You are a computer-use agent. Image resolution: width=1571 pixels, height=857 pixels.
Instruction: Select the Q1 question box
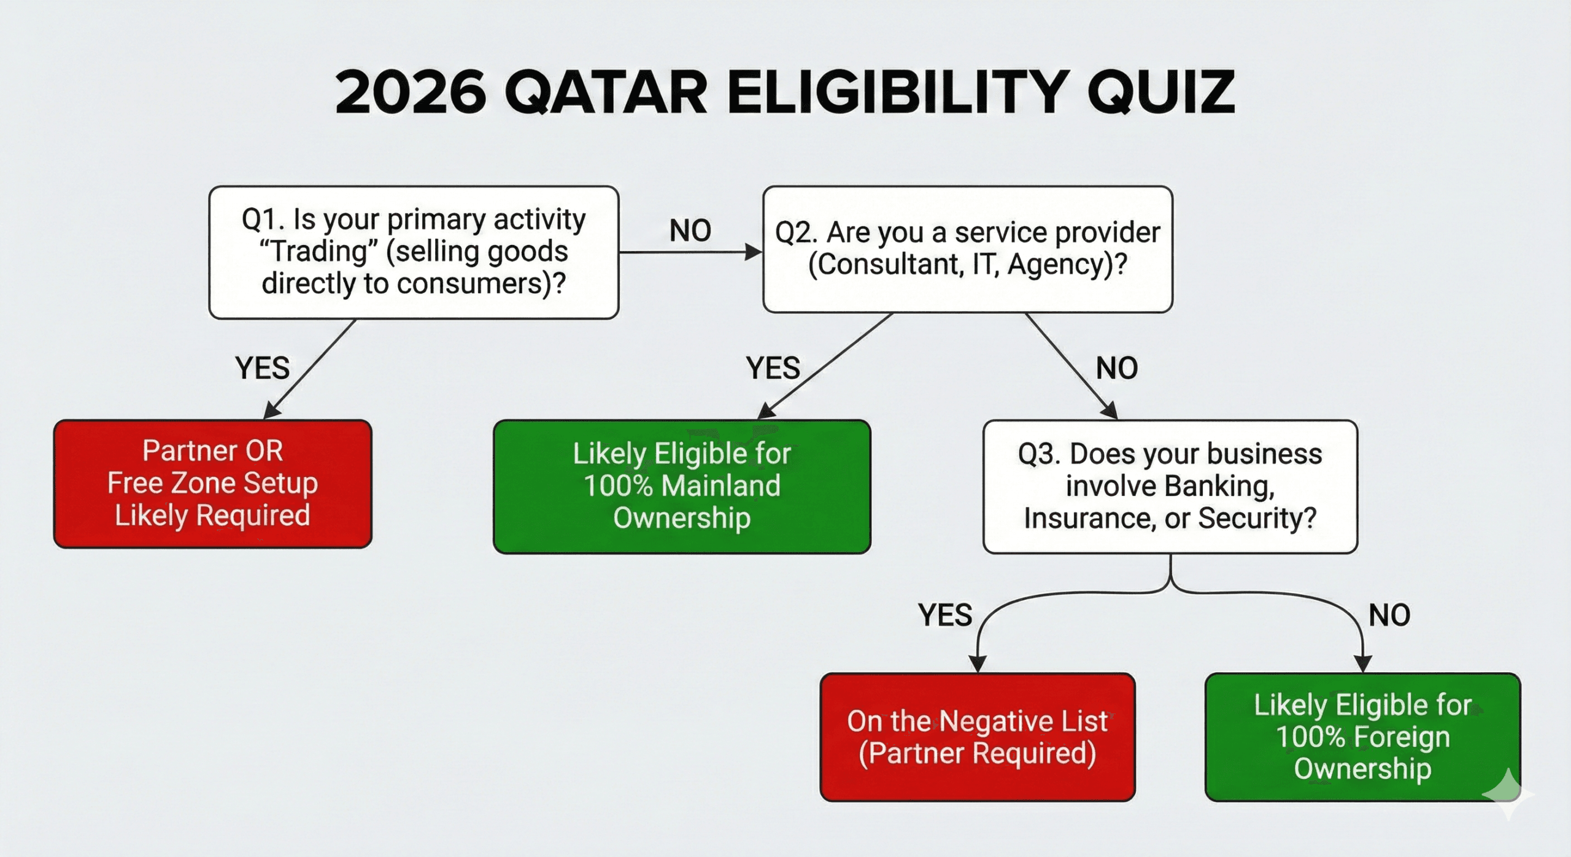point(414,252)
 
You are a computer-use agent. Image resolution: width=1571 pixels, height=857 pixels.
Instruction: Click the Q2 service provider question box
point(967,249)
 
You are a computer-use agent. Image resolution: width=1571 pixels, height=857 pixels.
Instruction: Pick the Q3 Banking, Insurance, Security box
point(1170,486)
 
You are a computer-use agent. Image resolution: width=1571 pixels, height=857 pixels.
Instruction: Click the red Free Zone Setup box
point(212,484)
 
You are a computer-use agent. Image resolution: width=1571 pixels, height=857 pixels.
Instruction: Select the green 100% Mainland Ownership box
point(682,486)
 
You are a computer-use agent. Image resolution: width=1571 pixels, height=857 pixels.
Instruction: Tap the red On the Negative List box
point(977,737)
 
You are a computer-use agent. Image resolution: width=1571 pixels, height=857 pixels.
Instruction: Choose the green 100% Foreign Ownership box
point(1362,737)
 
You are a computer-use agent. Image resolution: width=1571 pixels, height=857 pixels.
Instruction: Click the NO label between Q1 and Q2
point(690,231)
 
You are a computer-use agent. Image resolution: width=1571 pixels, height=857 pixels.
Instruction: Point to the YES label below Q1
point(262,368)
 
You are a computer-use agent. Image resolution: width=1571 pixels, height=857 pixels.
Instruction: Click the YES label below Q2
point(773,368)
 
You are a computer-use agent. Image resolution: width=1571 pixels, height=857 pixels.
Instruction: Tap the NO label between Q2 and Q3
point(1116,368)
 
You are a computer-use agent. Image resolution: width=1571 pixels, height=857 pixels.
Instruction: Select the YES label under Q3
point(945,615)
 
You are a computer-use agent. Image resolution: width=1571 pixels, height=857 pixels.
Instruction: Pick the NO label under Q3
point(1389,615)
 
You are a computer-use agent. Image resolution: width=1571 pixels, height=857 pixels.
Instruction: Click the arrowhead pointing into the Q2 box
point(753,252)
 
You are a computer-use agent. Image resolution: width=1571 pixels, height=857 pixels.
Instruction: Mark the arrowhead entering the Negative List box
point(977,664)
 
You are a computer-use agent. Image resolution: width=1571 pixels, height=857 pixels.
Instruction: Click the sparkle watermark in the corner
point(1508,794)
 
